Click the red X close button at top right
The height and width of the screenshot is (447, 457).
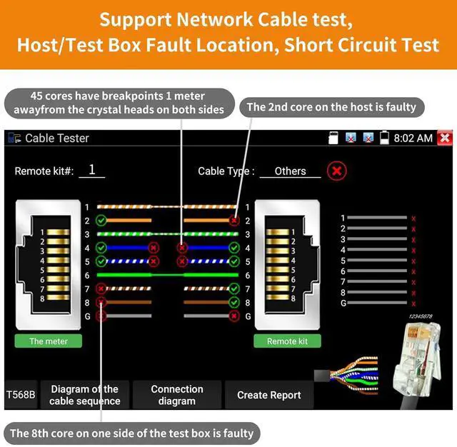445,138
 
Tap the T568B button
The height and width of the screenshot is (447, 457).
21,395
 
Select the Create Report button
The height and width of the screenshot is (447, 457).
268,395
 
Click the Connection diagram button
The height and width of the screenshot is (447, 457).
177,395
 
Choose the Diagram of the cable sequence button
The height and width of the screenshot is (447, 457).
84,395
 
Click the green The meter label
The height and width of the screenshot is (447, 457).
49,341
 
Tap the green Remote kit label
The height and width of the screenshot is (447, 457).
287,341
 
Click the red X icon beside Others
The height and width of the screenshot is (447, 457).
337,171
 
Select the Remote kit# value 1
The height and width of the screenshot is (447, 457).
92,171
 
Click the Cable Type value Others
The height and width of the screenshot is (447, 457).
290,171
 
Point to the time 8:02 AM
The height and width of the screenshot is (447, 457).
413,138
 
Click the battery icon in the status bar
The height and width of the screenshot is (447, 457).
385,138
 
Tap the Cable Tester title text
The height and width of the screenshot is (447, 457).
57,138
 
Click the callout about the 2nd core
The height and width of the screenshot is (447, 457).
331,107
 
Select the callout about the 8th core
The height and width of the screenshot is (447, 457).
131,433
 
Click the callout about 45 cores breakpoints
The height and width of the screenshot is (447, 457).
119,102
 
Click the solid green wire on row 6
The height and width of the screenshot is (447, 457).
167,275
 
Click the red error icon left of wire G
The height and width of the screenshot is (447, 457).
101,315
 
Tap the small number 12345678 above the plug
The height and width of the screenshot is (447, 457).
420,316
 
